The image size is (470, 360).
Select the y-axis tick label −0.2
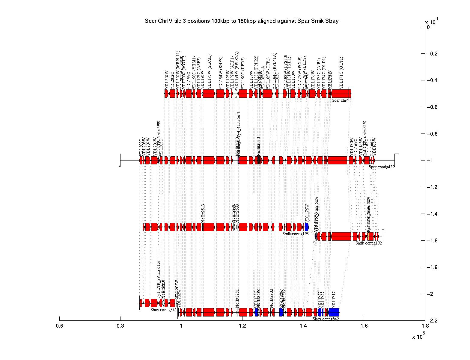(434, 54)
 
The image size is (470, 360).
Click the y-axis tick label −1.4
(434, 214)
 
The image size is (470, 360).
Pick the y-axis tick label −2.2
(434, 321)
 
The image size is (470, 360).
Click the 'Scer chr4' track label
(340, 100)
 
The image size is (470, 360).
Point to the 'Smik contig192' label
(368, 243)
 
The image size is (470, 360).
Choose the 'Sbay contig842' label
(326, 319)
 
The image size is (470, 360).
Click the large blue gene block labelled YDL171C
(334, 312)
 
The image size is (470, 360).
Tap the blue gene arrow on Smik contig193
(307, 227)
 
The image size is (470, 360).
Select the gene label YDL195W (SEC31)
(210, 71)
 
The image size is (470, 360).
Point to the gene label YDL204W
(167, 79)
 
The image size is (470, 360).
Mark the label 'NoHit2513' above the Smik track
(203, 213)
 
